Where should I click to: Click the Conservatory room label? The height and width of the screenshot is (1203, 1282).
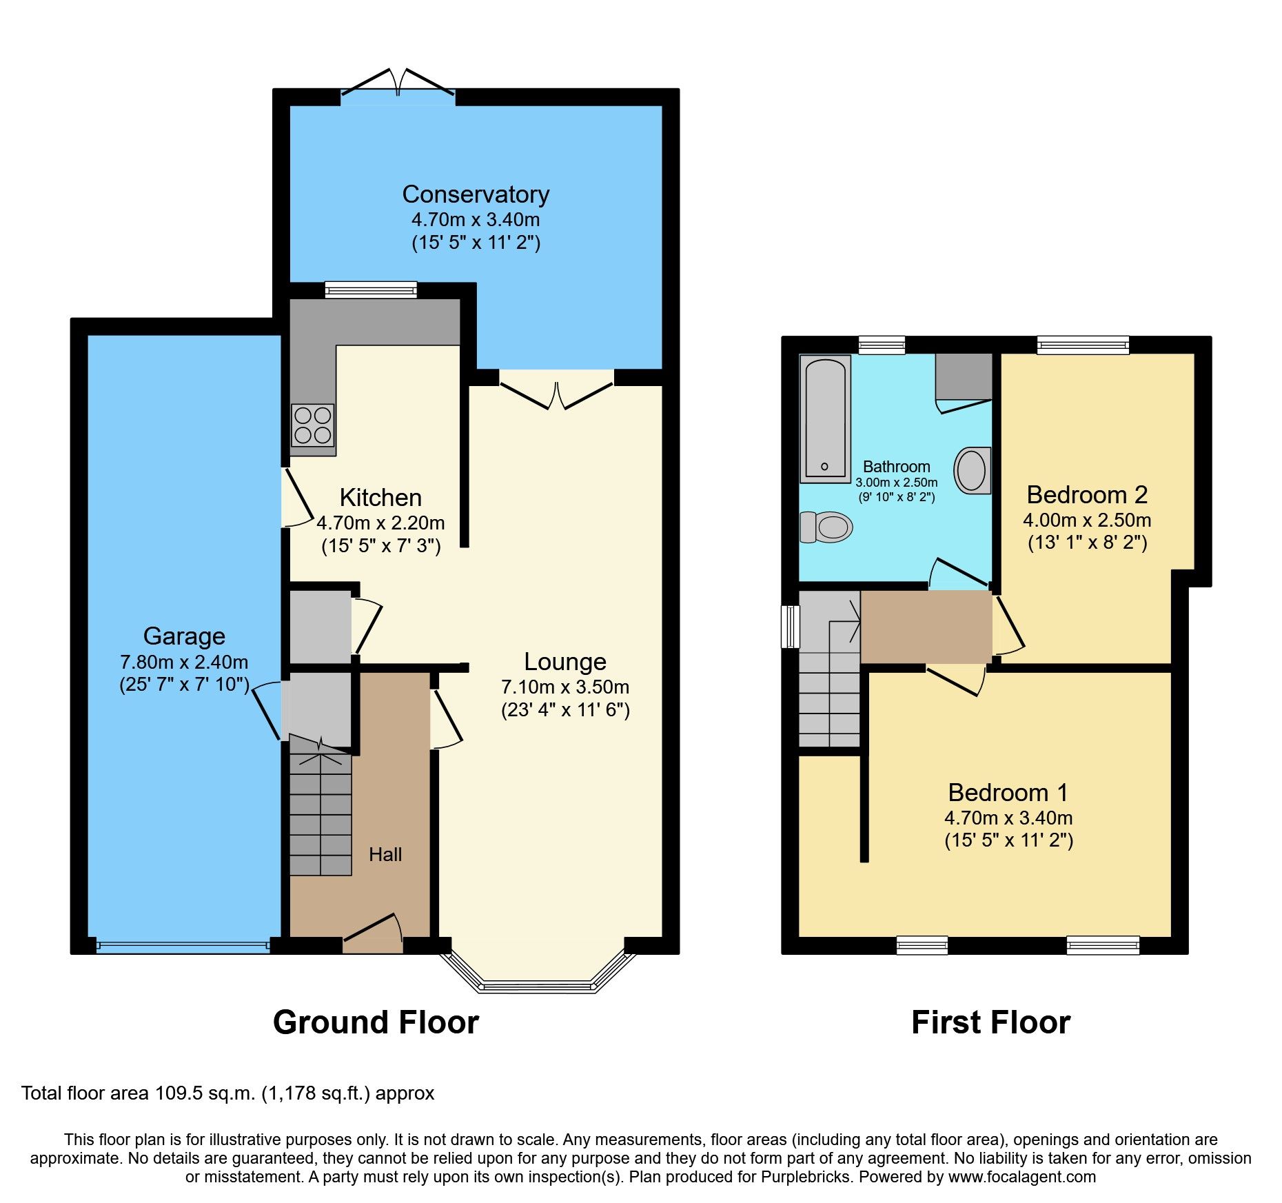click(x=476, y=194)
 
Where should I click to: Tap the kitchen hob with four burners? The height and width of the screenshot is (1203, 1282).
click(x=312, y=425)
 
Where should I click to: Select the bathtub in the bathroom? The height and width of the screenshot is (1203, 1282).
click(x=825, y=418)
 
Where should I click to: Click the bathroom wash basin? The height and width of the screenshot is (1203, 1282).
click(x=973, y=470)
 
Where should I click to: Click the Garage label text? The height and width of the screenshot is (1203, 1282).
click(x=184, y=636)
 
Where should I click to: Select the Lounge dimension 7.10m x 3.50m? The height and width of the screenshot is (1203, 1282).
click(x=565, y=687)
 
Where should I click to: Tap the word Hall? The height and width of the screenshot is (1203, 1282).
click(x=385, y=854)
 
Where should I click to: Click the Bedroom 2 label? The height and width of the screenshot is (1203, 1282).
click(x=1087, y=494)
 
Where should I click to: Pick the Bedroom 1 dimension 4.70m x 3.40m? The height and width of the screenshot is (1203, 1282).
click(x=1008, y=818)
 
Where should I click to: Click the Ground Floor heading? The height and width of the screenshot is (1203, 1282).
click(x=376, y=1022)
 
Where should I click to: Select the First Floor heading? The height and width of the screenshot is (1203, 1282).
click(x=990, y=1022)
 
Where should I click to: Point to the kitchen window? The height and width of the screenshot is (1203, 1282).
click(x=371, y=290)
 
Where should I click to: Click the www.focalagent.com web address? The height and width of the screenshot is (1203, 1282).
click(x=1022, y=1177)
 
